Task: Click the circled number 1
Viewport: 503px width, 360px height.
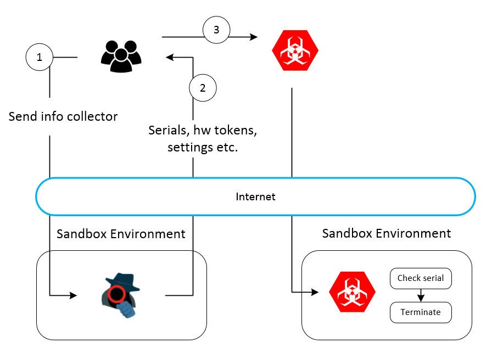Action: click(39, 57)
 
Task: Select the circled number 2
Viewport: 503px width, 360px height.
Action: click(203, 88)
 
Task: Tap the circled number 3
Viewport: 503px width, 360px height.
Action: click(216, 30)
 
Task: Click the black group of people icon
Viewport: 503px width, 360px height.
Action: click(121, 55)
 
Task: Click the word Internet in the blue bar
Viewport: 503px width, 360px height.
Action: click(255, 196)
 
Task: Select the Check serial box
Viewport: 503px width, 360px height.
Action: click(421, 278)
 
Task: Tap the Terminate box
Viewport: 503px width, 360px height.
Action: click(421, 312)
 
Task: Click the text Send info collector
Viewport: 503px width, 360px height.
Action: click(63, 116)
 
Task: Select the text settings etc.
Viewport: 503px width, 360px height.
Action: click(203, 147)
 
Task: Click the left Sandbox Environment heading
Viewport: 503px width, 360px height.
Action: click(121, 234)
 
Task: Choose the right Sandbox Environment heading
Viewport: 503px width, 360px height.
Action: click(387, 233)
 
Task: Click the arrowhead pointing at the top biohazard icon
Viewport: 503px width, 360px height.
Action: click(254, 37)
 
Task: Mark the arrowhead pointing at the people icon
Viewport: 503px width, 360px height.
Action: click(170, 57)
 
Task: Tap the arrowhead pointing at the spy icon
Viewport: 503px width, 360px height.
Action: click(73, 296)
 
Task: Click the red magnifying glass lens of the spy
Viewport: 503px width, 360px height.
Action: click(116, 295)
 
